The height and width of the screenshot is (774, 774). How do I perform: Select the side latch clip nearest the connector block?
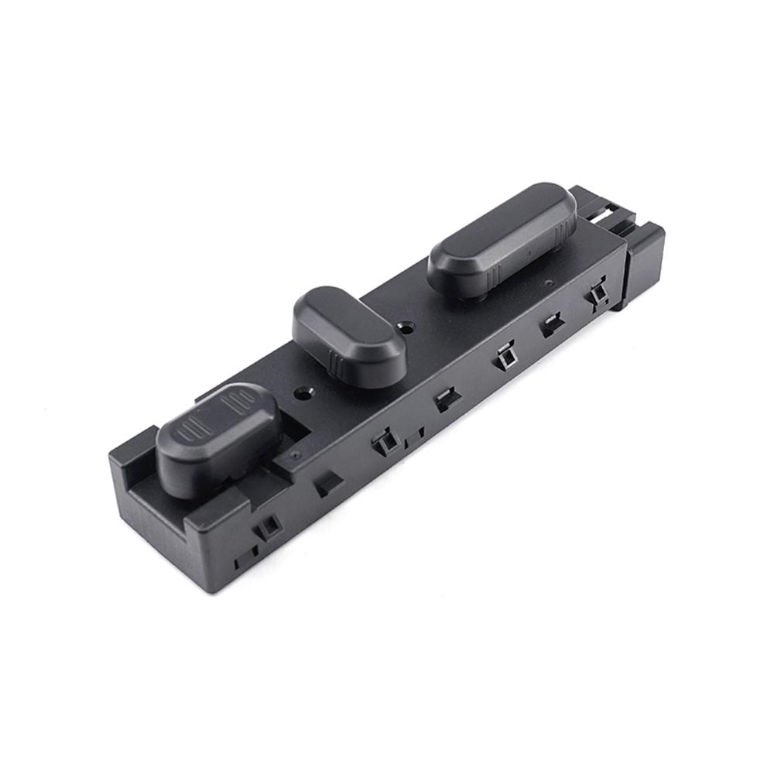(597, 294)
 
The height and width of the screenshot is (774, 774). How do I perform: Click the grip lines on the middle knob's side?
(338, 360)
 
